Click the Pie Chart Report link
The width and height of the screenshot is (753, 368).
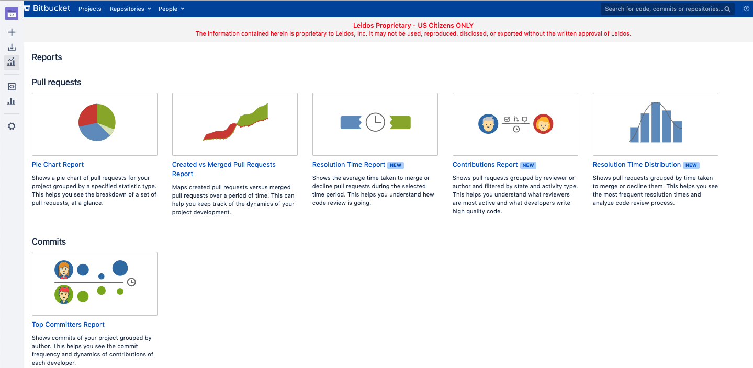[x=58, y=165]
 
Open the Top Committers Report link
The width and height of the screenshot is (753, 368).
[x=68, y=324]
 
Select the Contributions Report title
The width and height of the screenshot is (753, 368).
[x=485, y=165]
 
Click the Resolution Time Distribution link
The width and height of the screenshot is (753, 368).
[x=636, y=165]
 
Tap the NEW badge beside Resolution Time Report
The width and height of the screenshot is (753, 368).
[x=396, y=165]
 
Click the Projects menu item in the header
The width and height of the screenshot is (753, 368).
[x=90, y=9]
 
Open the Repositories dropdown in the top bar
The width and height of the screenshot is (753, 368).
[x=130, y=9]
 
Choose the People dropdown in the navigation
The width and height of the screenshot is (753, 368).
[x=172, y=9]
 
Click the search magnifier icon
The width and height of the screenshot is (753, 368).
[x=727, y=9]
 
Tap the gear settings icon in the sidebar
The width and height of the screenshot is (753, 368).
[x=12, y=126]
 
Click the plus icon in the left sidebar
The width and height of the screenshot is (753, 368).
[x=12, y=32]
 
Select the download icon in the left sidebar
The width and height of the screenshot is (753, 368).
[x=12, y=48]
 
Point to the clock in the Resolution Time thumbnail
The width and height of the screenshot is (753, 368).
[x=375, y=122]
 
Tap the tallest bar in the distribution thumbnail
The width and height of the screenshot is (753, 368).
[x=656, y=122]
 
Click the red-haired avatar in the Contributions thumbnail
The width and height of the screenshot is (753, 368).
[x=543, y=124]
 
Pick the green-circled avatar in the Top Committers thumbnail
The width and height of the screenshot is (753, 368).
[x=64, y=294]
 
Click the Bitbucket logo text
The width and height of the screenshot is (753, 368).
[x=51, y=8]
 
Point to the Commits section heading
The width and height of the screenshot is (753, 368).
[x=49, y=241]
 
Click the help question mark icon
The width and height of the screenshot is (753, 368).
[x=746, y=9]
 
